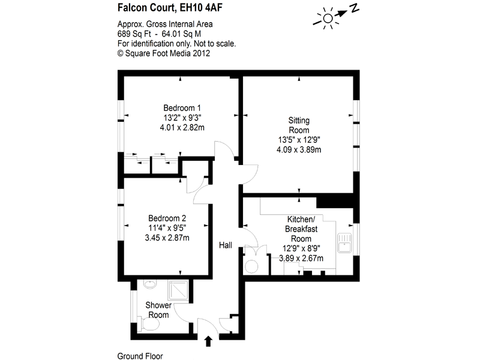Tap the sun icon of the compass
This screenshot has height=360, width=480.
[328, 19]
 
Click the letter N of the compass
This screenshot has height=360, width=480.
[355, 8]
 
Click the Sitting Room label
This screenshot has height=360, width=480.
[299, 125]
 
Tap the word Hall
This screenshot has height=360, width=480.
[226, 245]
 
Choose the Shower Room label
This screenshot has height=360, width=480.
[158, 310]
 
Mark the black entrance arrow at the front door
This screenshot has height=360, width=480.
[209, 341]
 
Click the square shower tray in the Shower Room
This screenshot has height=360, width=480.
[178, 291]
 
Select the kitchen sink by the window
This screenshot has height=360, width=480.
[345, 244]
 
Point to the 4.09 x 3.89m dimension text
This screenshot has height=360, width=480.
[299, 149]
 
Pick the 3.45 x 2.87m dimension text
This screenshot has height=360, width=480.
[167, 238]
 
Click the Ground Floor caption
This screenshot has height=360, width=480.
[140, 355]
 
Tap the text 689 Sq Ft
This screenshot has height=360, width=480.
[133, 34]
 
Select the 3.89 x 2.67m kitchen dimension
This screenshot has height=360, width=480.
[301, 259]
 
